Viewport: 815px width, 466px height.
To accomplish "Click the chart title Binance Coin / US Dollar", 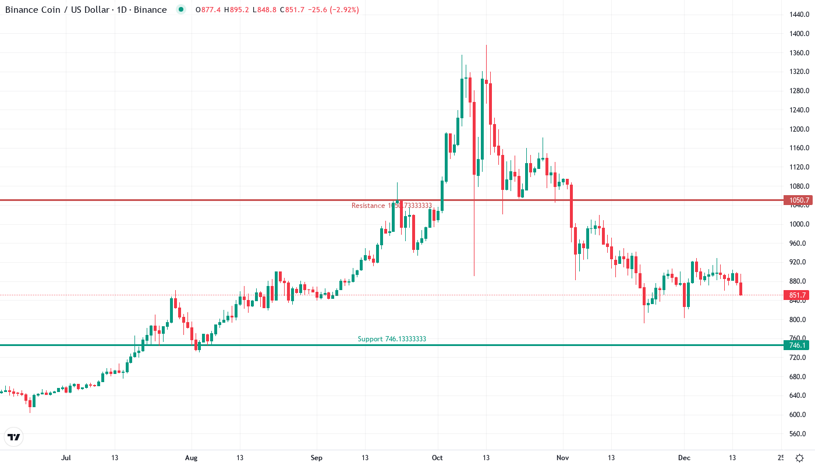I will [58, 10].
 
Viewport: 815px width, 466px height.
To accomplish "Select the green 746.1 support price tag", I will [797, 345].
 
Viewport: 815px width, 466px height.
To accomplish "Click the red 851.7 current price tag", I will [797, 295].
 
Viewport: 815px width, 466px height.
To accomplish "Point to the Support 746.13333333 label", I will [391, 339].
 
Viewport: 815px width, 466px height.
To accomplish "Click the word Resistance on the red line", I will [368, 206].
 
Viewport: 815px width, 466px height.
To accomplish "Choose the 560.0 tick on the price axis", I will [798, 434].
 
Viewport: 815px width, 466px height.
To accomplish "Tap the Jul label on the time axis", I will [66, 457].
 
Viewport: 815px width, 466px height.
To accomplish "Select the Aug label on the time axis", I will [192, 457].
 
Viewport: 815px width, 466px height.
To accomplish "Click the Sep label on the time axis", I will [316, 457].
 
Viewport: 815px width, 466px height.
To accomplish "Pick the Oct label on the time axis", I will [437, 457].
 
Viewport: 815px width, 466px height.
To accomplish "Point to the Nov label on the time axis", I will [562, 457].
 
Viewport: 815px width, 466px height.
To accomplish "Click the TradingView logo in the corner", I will [13, 437].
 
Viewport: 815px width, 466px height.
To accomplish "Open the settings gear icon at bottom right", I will [800, 457].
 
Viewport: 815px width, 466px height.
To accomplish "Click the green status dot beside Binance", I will [181, 9].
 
